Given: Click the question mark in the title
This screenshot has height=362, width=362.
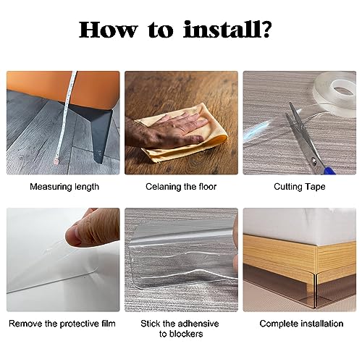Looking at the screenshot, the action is (x=266, y=30).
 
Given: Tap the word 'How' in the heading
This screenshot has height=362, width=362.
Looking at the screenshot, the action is (x=108, y=30).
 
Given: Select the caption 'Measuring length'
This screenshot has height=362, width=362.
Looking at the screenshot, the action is (x=64, y=187).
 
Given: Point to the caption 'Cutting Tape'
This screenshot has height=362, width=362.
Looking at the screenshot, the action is (x=300, y=187).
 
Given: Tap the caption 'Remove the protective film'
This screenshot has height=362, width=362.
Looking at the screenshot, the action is (x=62, y=324).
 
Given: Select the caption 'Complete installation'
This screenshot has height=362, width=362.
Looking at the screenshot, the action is (x=301, y=324).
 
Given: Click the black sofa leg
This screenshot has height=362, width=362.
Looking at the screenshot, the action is (x=96, y=130).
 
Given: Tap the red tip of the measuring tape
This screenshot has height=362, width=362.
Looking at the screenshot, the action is (x=56, y=161).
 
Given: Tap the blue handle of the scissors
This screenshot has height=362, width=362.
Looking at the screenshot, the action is (x=329, y=170).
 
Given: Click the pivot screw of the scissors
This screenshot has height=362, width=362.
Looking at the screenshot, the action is (x=313, y=161).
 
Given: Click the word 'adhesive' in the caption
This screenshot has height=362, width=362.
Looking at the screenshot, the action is (x=200, y=324).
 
